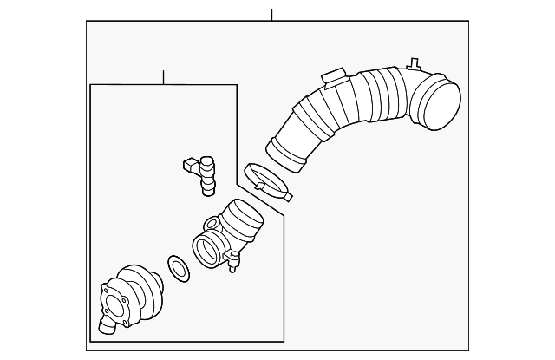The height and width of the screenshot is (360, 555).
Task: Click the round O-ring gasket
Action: [x=178, y=269]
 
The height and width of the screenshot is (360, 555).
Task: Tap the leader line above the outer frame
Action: [x=271, y=15]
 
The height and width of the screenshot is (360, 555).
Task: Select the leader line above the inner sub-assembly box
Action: [x=163, y=77]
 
